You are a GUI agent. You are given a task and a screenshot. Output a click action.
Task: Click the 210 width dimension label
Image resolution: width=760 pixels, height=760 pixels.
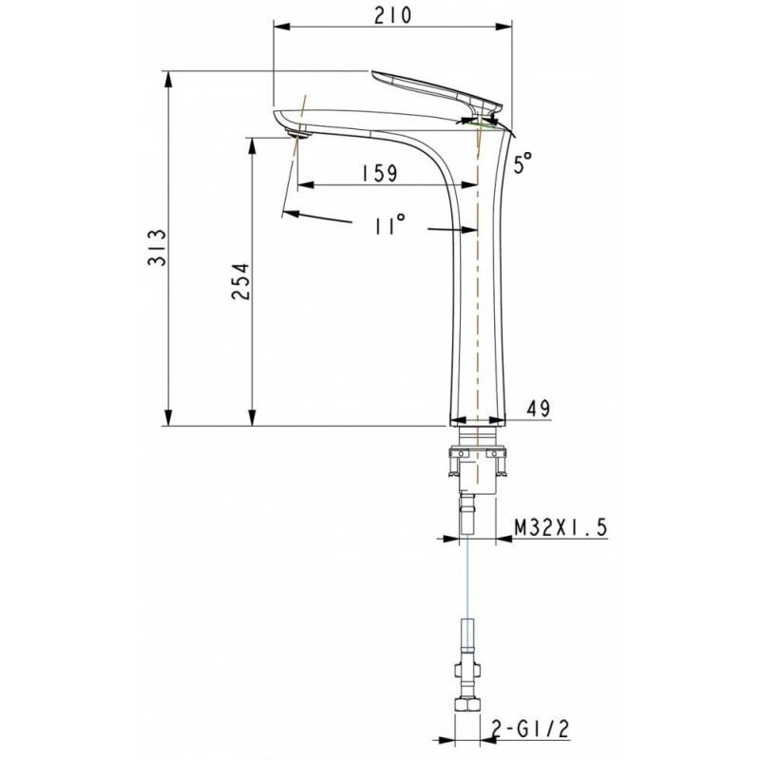pyautogui.click(x=390, y=15)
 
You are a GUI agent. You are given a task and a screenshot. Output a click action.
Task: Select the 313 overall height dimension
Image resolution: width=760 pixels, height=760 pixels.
pyautogui.click(x=158, y=248)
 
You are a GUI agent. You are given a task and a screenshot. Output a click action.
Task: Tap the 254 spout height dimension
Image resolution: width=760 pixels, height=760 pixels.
pyautogui.click(x=241, y=281)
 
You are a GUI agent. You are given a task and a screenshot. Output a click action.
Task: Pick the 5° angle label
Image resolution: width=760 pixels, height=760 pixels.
pyautogui.click(x=522, y=163)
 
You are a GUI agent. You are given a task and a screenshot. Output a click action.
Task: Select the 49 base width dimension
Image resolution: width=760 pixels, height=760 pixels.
pyautogui.click(x=538, y=408)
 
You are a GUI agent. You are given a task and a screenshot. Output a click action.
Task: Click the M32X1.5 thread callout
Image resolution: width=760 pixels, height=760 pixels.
pyautogui.click(x=560, y=527)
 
